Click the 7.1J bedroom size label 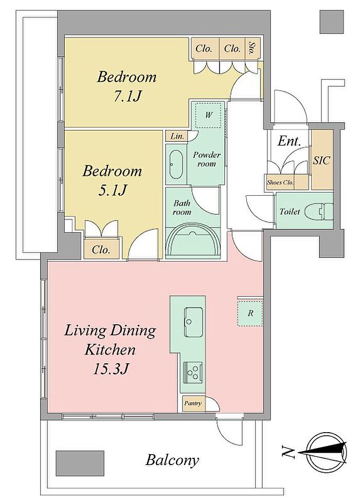[x=127, y=96]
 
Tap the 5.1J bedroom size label [x=112, y=190]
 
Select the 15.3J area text [x=111, y=368]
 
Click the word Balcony [x=172, y=460]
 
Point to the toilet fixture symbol [x=318, y=211]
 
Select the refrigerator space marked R [x=250, y=313]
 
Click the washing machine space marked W [x=208, y=115]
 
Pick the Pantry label [x=193, y=403]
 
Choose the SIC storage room [x=321, y=160]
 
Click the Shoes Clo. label [x=280, y=182]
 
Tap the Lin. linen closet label [x=177, y=136]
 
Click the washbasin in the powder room [x=176, y=164]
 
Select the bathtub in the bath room [x=193, y=241]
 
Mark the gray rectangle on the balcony [x=80, y=463]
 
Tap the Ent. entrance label [x=289, y=141]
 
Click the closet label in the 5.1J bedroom [x=101, y=250]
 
